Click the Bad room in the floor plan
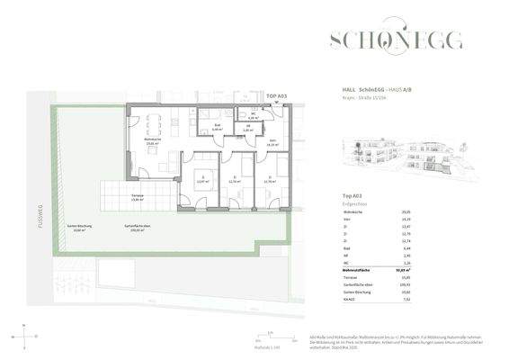click(x=218, y=127)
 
